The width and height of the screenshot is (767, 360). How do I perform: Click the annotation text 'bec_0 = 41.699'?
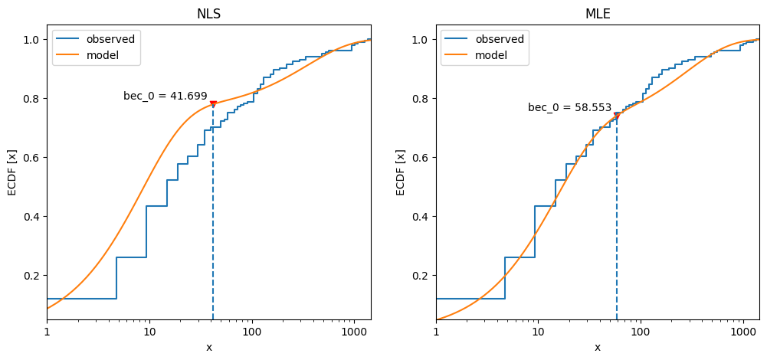click(x=166, y=97)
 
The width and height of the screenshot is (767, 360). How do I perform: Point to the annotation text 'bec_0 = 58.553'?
click(x=569, y=108)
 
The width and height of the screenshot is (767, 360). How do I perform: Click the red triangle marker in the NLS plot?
click(x=213, y=103)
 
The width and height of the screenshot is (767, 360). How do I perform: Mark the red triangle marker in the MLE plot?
click(x=617, y=116)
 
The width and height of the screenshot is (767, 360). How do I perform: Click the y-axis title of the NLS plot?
click(x=13, y=172)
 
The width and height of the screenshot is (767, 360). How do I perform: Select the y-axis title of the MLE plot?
click(x=402, y=172)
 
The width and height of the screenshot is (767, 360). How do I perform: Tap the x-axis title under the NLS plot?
click(x=208, y=348)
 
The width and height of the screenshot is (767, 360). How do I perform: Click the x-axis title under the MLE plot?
click(x=598, y=348)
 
